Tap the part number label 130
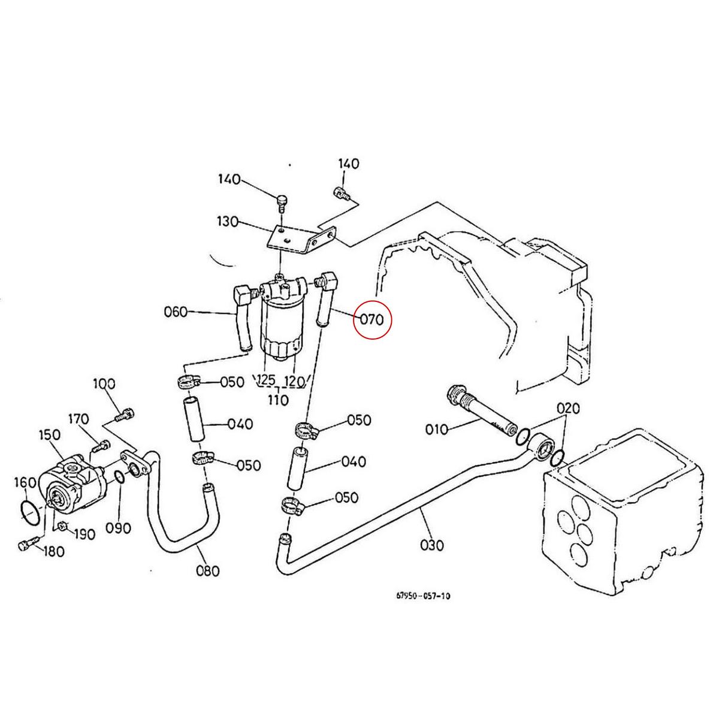pyautogui.click(x=228, y=222)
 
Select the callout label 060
pyautogui.click(x=176, y=312)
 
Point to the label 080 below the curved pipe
pyautogui.click(x=208, y=570)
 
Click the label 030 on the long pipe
pyautogui.click(x=432, y=545)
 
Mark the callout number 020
pyautogui.click(x=568, y=409)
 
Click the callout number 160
pyautogui.click(x=25, y=482)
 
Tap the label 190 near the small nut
pyautogui.click(x=84, y=534)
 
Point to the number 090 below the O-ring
pyautogui.click(x=119, y=528)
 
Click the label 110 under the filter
pyautogui.click(x=279, y=400)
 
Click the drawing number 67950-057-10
pyautogui.click(x=423, y=596)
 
